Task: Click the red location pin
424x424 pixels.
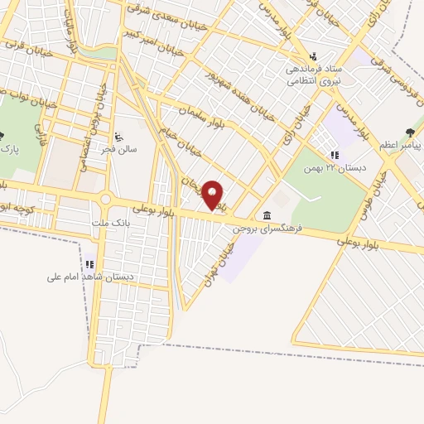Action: tap(213, 195)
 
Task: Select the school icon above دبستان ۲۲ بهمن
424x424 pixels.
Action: tap(334, 154)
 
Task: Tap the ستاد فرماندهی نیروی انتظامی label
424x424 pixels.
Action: tap(314, 76)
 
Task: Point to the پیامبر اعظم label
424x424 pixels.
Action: tap(400, 146)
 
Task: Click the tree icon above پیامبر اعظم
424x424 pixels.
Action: tap(412, 132)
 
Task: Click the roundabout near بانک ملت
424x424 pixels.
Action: tap(105, 200)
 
